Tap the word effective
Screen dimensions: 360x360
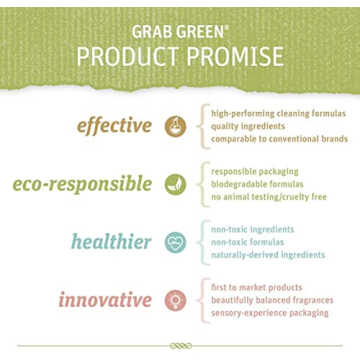point(115,126)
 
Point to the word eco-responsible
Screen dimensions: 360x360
point(83,184)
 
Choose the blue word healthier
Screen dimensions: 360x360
point(111,241)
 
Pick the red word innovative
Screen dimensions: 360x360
point(105,300)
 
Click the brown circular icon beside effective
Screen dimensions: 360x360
point(175,126)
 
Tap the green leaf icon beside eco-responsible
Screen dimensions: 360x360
point(175,184)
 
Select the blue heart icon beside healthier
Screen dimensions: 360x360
point(175,242)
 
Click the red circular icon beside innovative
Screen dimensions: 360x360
point(175,300)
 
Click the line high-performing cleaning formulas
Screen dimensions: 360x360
point(278,114)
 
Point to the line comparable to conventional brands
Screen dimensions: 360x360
point(278,139)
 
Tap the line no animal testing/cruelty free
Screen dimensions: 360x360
point(268,197)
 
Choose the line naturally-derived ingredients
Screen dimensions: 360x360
point(267,255)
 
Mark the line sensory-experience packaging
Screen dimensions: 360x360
point(269,313)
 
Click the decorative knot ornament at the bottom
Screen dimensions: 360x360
point(180,345)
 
